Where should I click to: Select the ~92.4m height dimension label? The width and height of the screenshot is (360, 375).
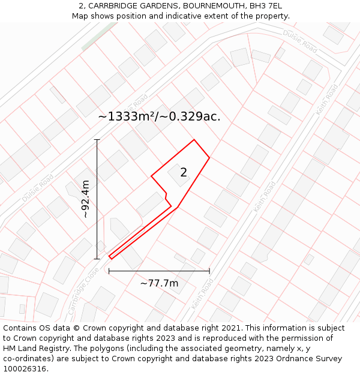click(85, 199)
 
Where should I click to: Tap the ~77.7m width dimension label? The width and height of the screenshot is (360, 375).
click(159, 283)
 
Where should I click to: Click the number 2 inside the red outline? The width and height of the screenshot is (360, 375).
click(184, 173)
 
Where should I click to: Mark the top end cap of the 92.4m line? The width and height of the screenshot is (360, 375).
click(97, 140)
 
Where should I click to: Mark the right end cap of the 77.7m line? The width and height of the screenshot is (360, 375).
click(209, 271)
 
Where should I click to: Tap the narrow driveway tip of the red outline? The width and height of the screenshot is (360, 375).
click(110, 257)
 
